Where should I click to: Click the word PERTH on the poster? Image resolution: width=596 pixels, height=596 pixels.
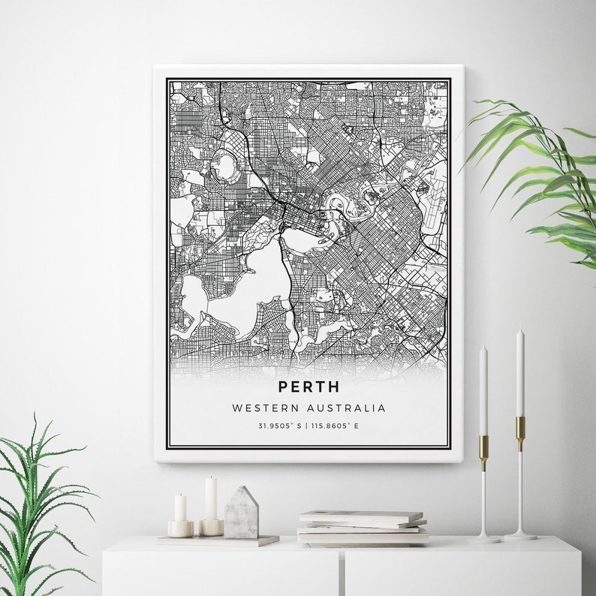point(309,387)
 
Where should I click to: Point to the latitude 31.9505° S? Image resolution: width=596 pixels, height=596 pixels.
point(278,426)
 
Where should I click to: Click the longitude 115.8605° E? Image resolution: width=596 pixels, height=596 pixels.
point(336,426)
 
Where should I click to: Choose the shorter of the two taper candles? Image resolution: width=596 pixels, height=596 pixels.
point(483,391)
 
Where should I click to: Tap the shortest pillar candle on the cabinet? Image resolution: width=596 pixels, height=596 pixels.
point(180,508)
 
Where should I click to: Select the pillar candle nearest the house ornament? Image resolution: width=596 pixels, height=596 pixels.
point(211,498)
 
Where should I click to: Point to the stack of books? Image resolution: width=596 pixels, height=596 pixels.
point(363,527)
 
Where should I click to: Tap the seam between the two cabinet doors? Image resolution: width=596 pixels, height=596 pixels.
point(342,570)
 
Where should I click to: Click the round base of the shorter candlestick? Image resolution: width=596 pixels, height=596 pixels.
point(484,538)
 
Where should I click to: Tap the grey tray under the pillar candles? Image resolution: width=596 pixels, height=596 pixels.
point(218,540)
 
